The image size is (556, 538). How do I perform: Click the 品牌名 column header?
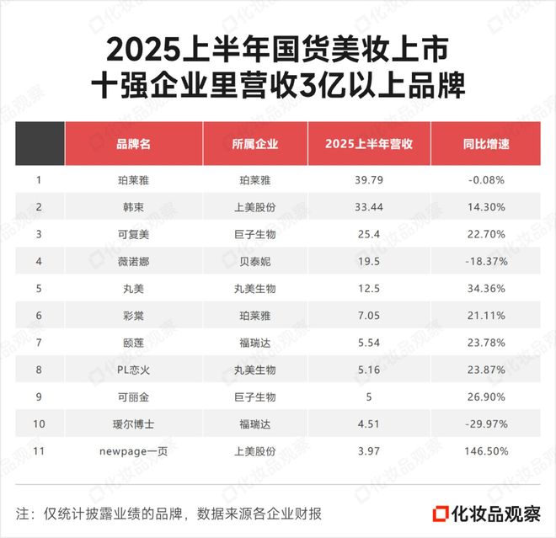click(133, 144)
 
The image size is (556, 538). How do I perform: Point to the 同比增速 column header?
click(486, 144)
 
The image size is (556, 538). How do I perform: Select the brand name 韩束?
click(133, 206)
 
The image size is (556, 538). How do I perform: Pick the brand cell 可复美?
click(133, 234)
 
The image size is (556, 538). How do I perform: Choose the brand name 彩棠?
click(133, 315)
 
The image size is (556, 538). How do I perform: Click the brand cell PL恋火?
click(133, 370)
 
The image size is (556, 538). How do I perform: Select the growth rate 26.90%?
click(486, 397)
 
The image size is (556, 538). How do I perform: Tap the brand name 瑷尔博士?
click(133, 423)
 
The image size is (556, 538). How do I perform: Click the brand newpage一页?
click(133, 451)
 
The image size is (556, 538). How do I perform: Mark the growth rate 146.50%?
click(486, 451)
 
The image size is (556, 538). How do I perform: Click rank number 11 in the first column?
click(40, 451)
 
